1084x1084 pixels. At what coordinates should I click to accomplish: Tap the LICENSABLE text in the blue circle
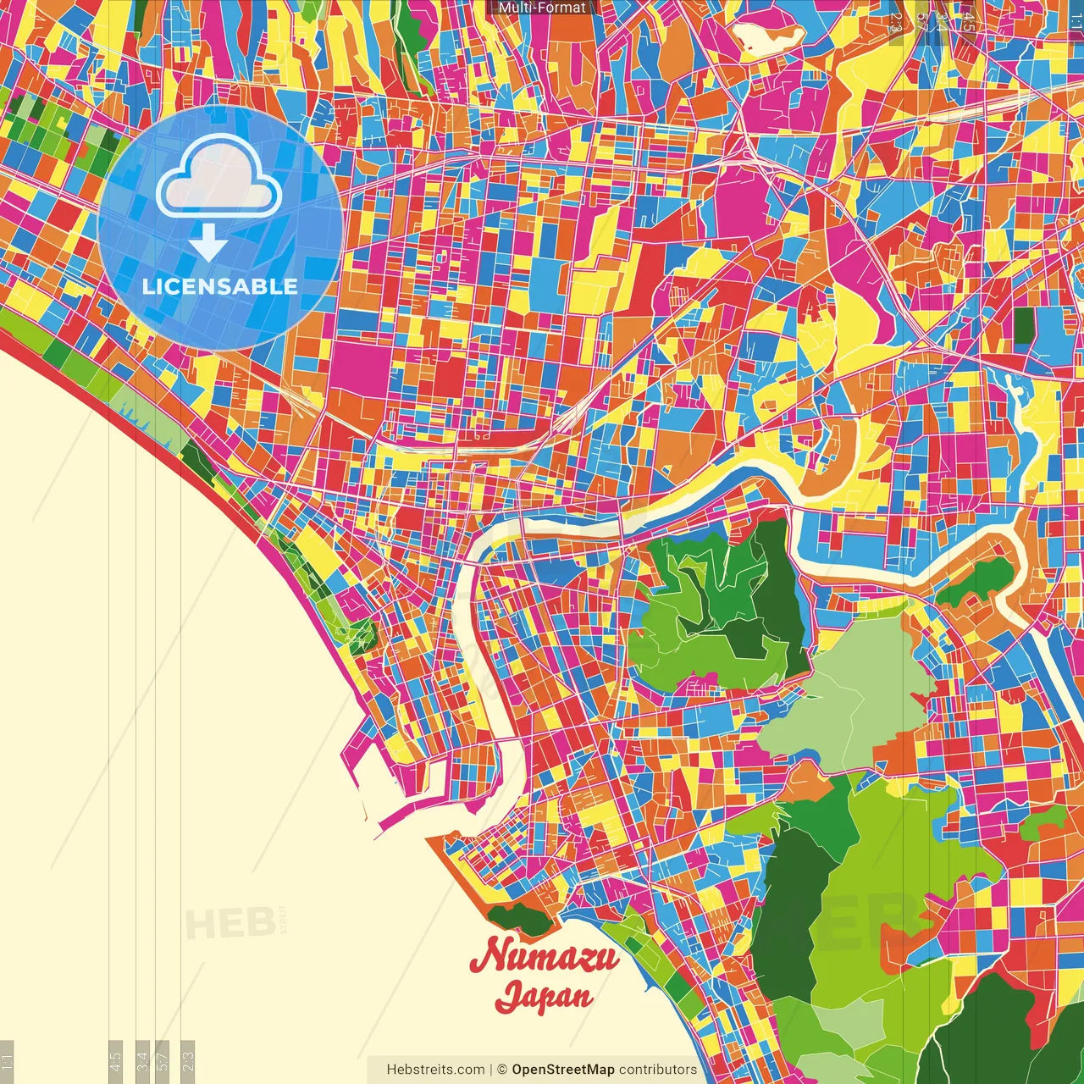point(220,286)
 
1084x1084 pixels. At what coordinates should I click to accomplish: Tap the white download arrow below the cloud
point(208,242)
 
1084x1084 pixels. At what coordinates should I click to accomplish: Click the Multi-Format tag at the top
point(542,8)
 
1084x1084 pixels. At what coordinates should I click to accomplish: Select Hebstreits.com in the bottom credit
point(435,1070)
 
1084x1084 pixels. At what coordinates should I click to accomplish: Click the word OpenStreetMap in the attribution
point(563,1070)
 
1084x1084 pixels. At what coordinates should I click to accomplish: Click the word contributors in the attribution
point(658,1070)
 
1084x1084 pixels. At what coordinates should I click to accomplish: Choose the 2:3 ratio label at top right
point(896,22)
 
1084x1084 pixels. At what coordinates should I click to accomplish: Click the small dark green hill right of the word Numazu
point(519,917)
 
